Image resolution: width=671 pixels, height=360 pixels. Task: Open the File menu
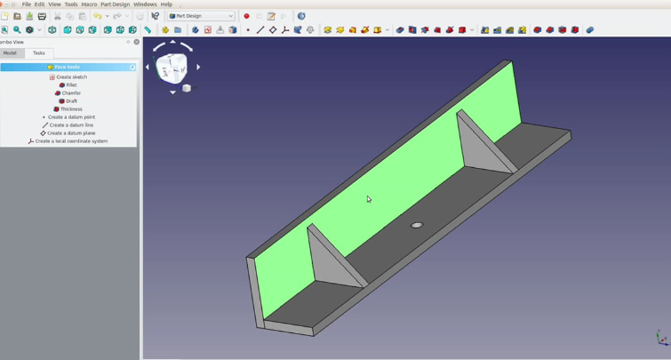27,4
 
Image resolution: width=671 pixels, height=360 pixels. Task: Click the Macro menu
89,4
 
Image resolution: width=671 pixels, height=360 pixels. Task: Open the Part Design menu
115,4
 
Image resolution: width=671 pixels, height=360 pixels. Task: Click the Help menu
166,4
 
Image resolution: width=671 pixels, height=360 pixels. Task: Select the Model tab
11,53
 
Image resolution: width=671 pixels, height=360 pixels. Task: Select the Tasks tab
39,53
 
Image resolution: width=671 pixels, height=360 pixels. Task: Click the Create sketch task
71,77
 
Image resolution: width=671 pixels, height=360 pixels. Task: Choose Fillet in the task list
71,85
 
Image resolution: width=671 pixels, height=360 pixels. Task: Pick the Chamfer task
71,93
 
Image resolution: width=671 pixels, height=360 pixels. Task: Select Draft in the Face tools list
71,101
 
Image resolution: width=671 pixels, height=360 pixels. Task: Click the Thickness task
71,109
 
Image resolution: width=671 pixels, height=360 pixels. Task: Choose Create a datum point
71,117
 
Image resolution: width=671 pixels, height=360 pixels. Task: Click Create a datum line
71,125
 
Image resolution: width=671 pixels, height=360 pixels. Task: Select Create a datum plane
71,133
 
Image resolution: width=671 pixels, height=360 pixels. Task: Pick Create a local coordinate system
71,141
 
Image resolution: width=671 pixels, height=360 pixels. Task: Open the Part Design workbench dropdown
201,16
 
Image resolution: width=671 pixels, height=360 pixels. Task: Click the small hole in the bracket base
416,225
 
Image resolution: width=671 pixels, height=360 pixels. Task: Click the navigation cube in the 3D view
172,67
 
